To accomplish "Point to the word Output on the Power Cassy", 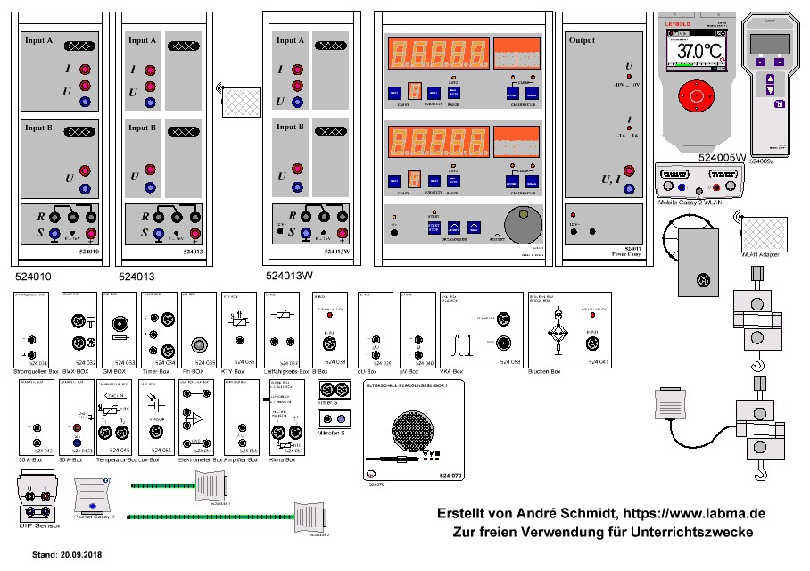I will (x=582, y=40).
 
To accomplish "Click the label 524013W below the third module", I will (x=290, y=276).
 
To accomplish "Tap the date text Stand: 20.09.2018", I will (x=68, y=555).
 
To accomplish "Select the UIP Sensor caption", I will (x=37, y=526).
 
